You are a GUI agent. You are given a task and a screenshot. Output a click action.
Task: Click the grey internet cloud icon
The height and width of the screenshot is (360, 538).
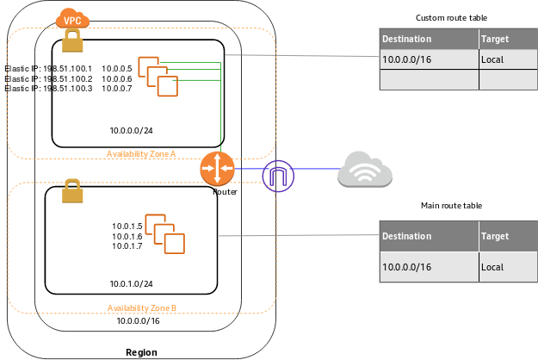pyautogui.click(x=365, y=169)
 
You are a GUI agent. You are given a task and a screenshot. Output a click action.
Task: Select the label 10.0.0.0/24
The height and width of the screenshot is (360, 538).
pyautogui.click(x=132, y=131)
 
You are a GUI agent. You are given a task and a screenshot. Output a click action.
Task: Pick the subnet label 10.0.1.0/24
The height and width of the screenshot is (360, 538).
pyautogui.click(x=132, y=283)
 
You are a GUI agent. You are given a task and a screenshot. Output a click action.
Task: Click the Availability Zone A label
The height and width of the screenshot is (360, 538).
pyautogui.click(x=141, y=154)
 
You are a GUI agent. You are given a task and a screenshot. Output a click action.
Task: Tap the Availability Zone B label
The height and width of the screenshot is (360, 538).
pyautogui.click(x=142, y=307)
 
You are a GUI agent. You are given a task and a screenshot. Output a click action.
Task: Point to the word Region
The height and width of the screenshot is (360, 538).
pyautogui.click(x=141, y=352)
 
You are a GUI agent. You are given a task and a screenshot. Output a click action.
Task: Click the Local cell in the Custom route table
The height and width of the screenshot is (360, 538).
pyautogui.click(x=492, y=59)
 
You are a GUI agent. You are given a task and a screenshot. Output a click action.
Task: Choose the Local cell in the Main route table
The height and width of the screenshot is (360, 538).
pyautogui.click(x=492, y=267)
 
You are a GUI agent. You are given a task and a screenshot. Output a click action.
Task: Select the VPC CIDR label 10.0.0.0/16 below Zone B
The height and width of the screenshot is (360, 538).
pyautogui.click(x=138, y=321)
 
